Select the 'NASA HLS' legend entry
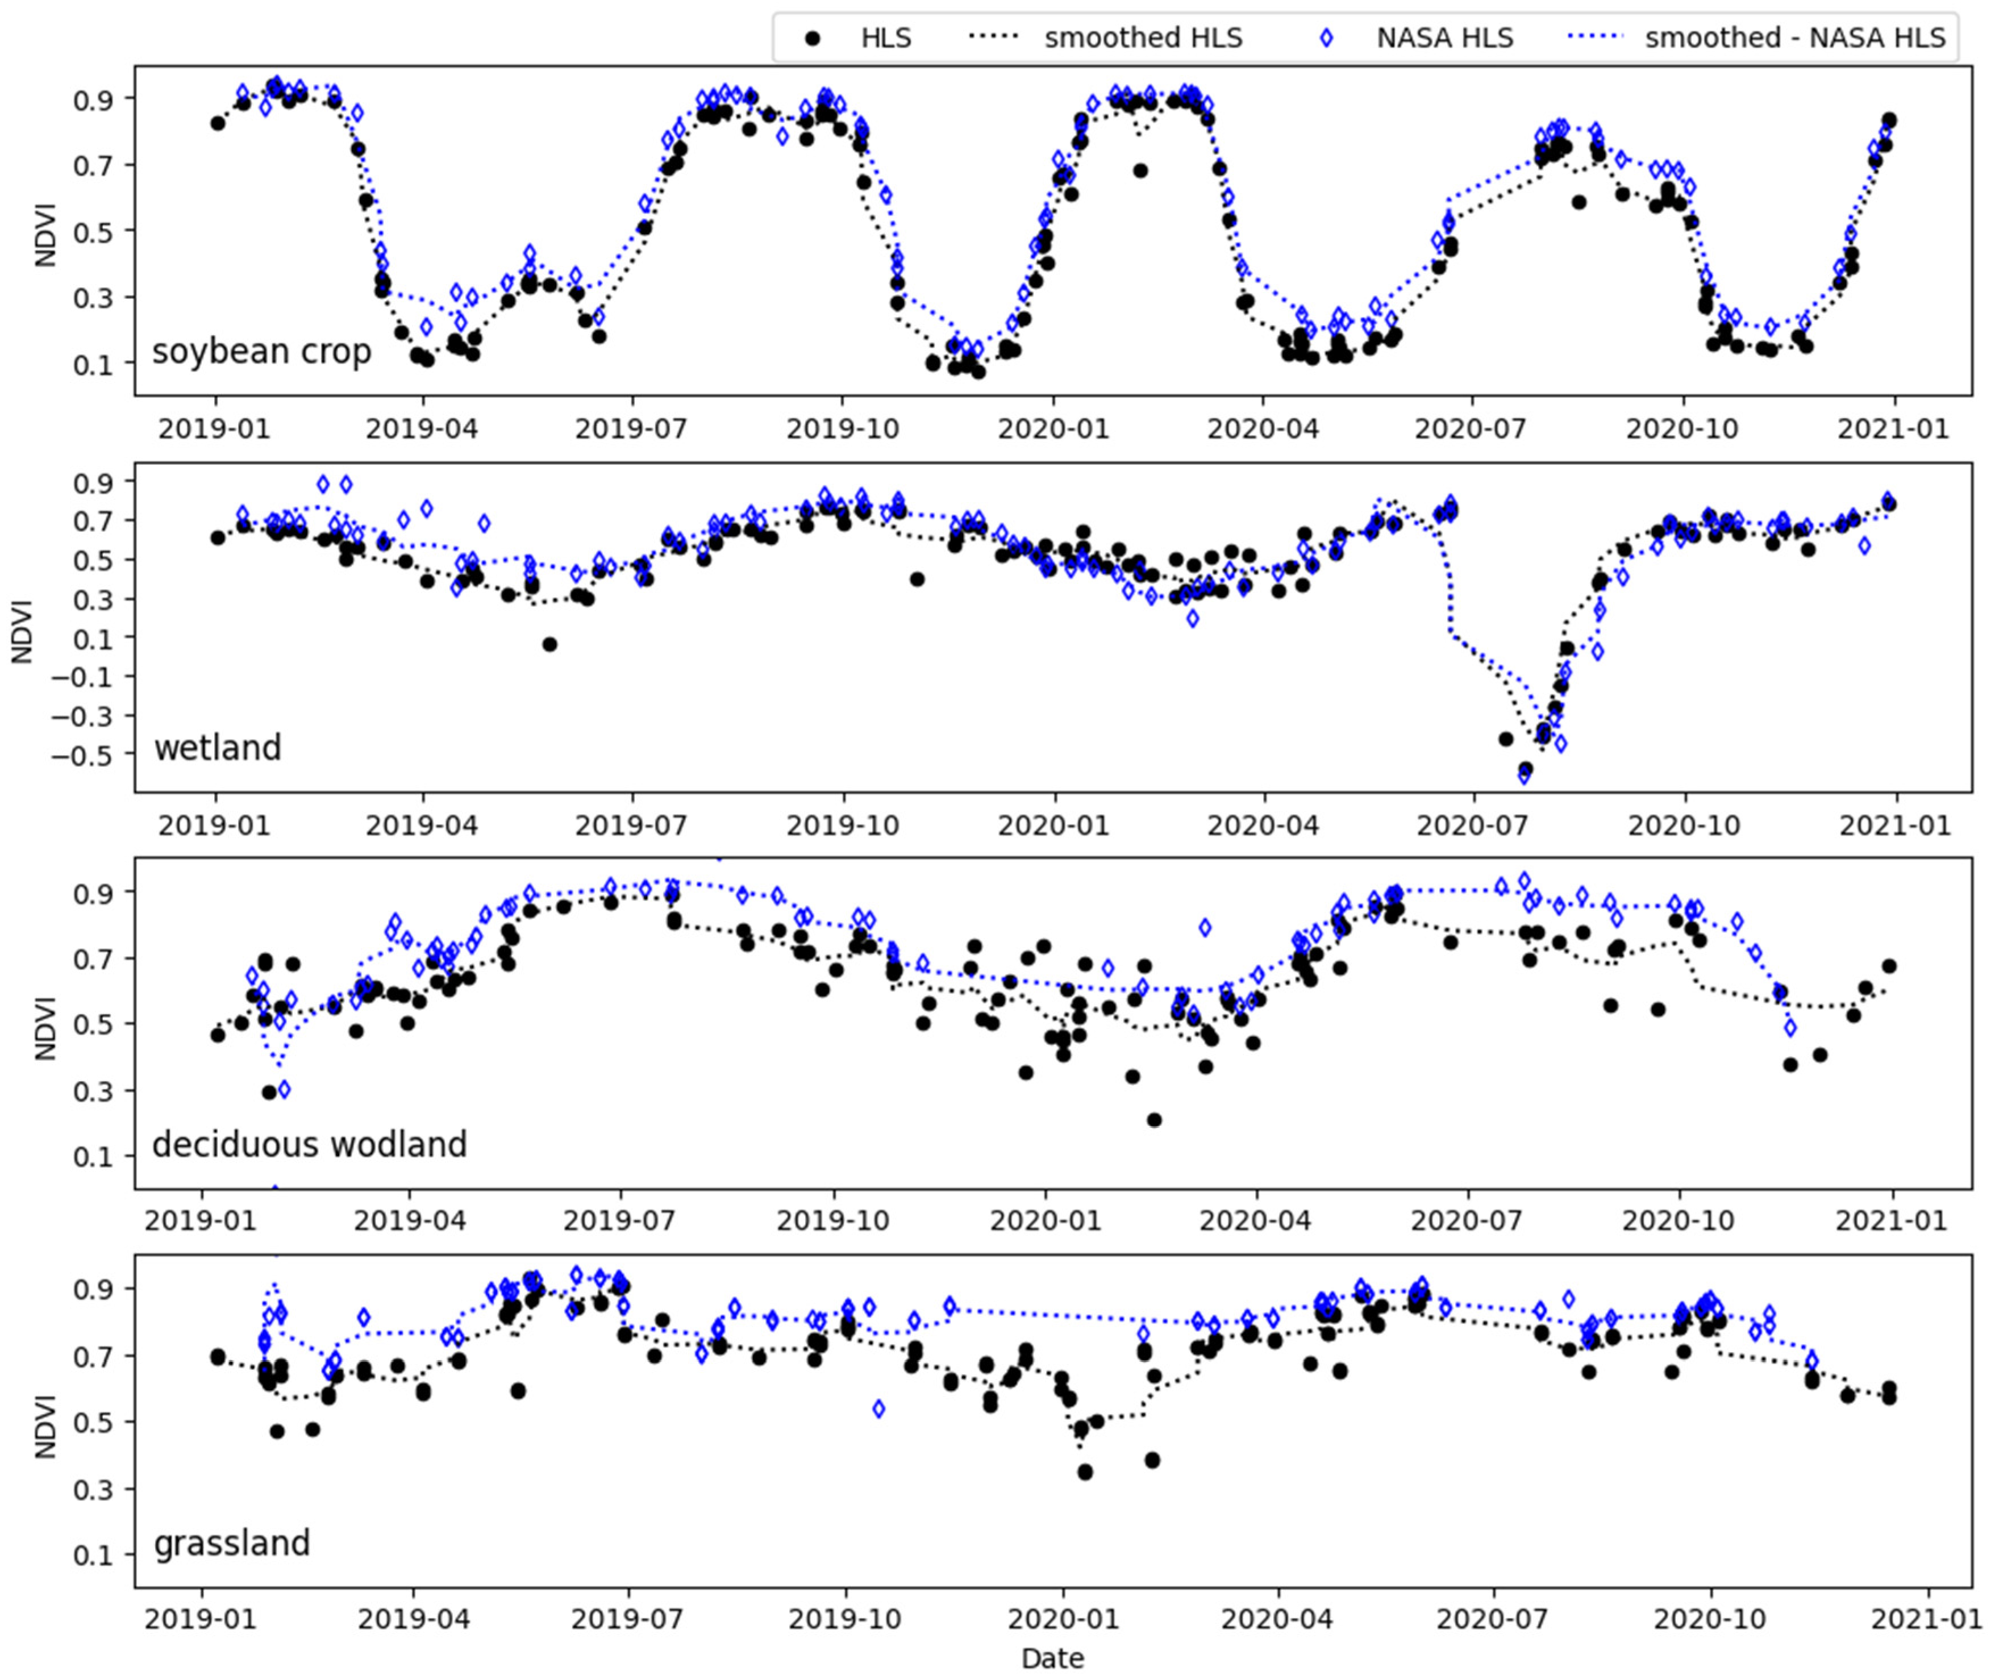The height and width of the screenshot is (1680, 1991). click(1444, 38)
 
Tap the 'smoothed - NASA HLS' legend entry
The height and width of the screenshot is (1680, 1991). click(1795, 38)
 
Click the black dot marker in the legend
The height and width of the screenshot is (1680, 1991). click(811, 38)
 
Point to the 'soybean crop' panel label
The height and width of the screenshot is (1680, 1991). click(261, 352)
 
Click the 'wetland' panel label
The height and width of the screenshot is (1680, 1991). click(217, 748)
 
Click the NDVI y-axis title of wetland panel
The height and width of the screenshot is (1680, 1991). click(21, 631)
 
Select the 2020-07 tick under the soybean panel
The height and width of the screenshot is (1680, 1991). click(1472, 428)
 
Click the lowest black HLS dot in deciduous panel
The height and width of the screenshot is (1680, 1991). click(1153, 1120)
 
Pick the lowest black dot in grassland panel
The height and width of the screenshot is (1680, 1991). click(1084, 1471)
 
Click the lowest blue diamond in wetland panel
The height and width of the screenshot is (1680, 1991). click(1524, 776)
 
